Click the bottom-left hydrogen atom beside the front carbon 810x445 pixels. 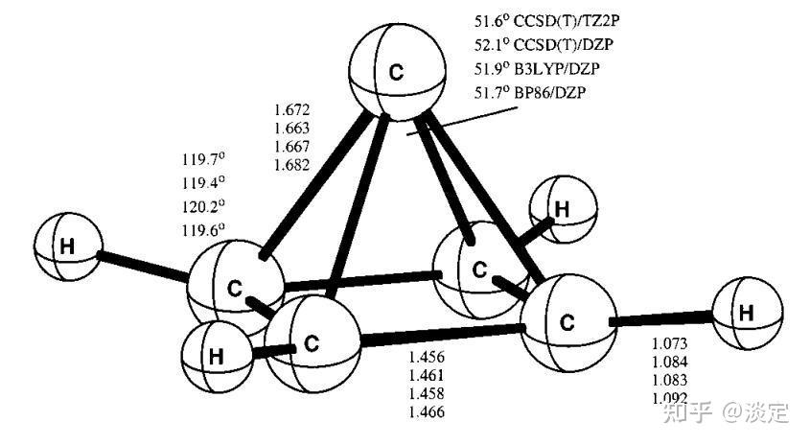[x=220, y=359]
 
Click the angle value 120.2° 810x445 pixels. [x=203, y=205]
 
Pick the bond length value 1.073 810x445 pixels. [x=669, y=342]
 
